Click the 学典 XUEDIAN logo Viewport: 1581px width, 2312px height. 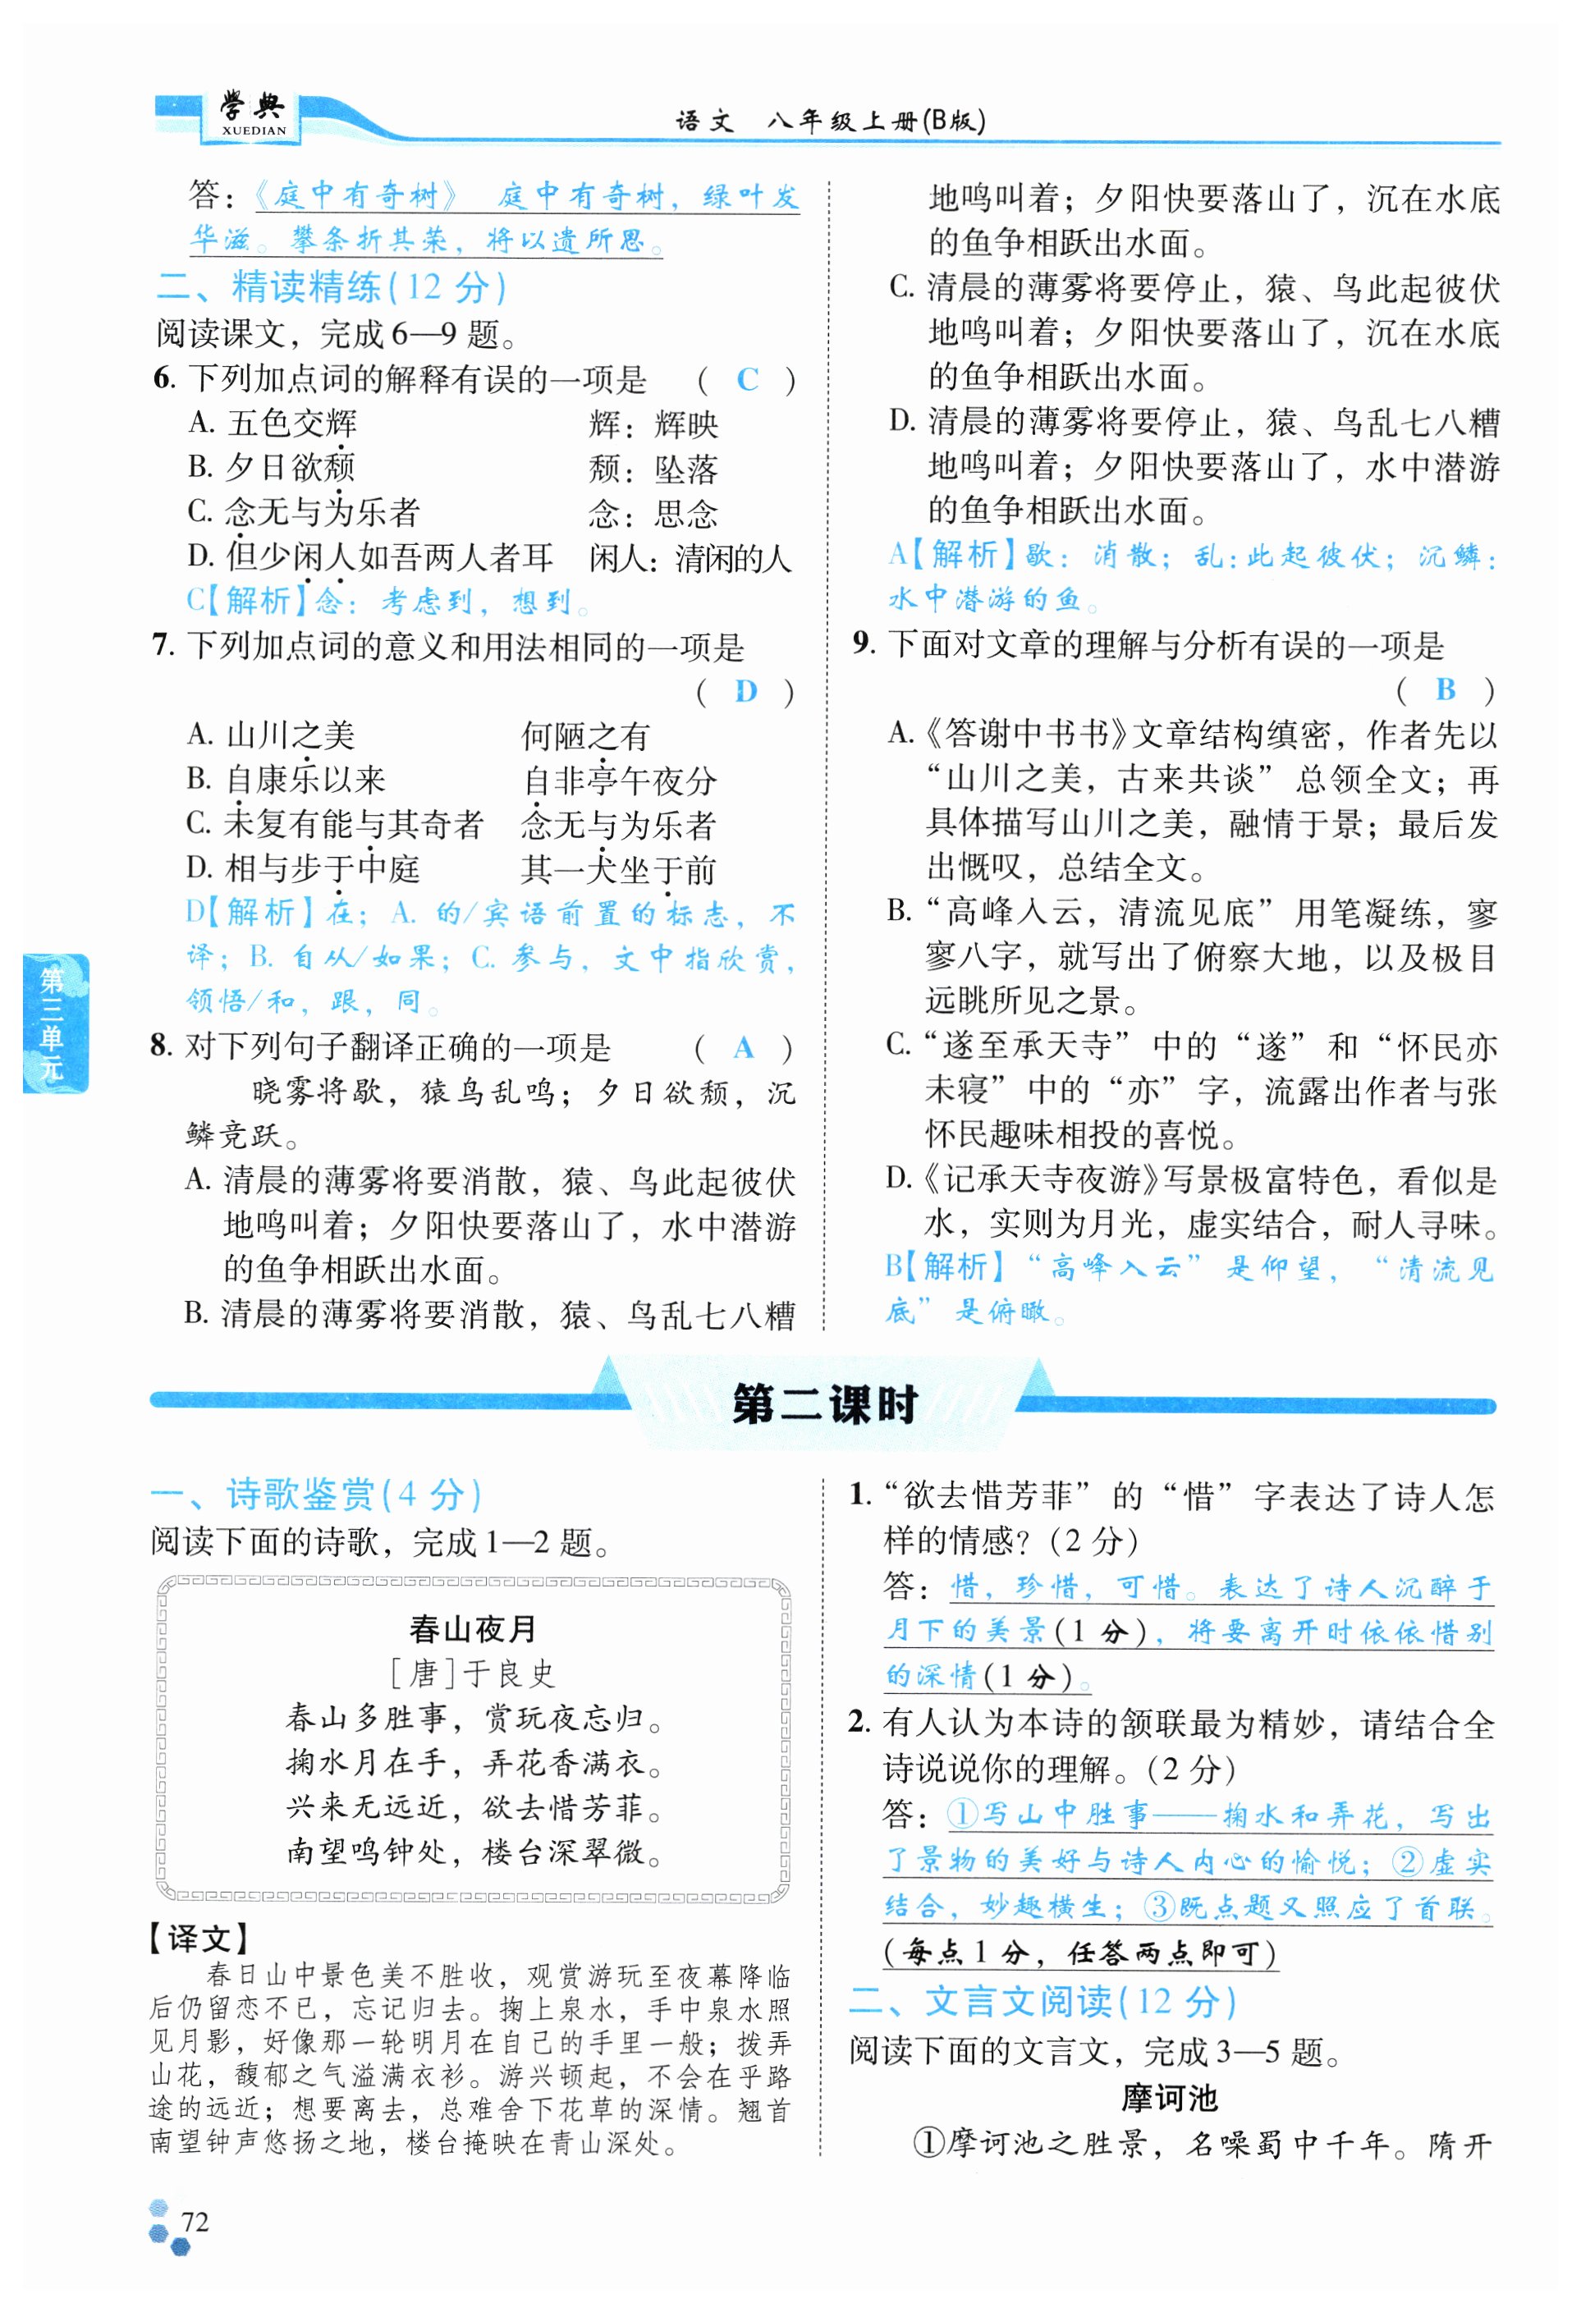(x=253, y=113)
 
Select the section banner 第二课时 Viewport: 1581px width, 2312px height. (x=824, y=1405)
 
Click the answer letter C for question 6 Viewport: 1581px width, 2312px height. (x=747, y=379)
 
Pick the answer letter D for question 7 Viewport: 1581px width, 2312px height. (x=745, y=690)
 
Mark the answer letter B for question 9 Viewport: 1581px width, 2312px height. (x=1446, y=689)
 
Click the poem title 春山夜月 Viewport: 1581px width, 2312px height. (x=473, y=1628)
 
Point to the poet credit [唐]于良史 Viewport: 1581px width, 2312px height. (x=472, y=1673)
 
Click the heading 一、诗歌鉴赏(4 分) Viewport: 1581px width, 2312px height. (x=316, y=1495)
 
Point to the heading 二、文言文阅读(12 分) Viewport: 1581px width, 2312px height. (x=1043, y=2002)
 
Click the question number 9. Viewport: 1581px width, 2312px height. (x=864, y=643)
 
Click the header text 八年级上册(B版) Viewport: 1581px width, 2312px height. (x=876, y=121)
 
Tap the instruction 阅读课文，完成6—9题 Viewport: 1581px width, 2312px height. (x=337, y=333)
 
